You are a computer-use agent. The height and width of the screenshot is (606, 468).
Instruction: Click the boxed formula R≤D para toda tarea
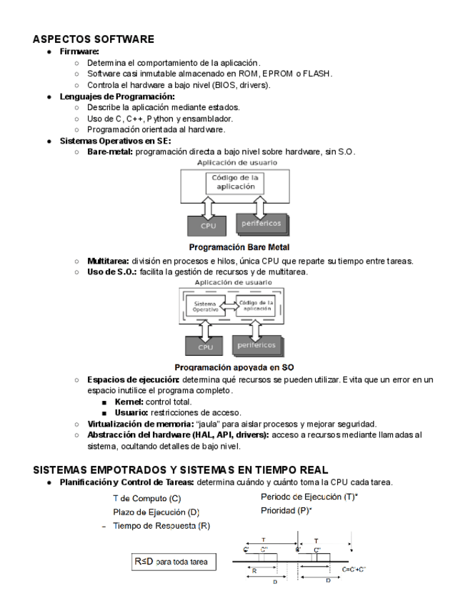(170, 562)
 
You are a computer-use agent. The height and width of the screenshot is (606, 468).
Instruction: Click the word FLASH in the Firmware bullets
(317, 74)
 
